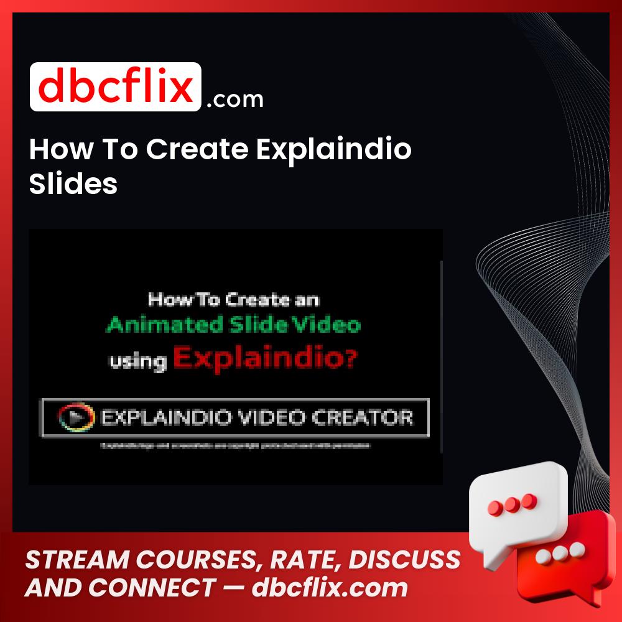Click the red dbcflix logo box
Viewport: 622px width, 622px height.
tap(116, 87)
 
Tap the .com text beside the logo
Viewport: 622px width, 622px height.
tap(234, 100)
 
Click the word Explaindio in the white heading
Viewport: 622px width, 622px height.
tap(333, 150)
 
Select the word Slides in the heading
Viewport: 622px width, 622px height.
tap(73, 183)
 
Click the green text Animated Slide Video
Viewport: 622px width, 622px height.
tap(233, 325)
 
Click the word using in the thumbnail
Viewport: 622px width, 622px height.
tap(137, 361)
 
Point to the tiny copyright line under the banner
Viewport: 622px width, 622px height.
tap(235, 445)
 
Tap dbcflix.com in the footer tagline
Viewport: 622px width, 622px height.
tap(330, 587)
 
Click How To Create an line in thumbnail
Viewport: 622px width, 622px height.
tap(233, 300)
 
